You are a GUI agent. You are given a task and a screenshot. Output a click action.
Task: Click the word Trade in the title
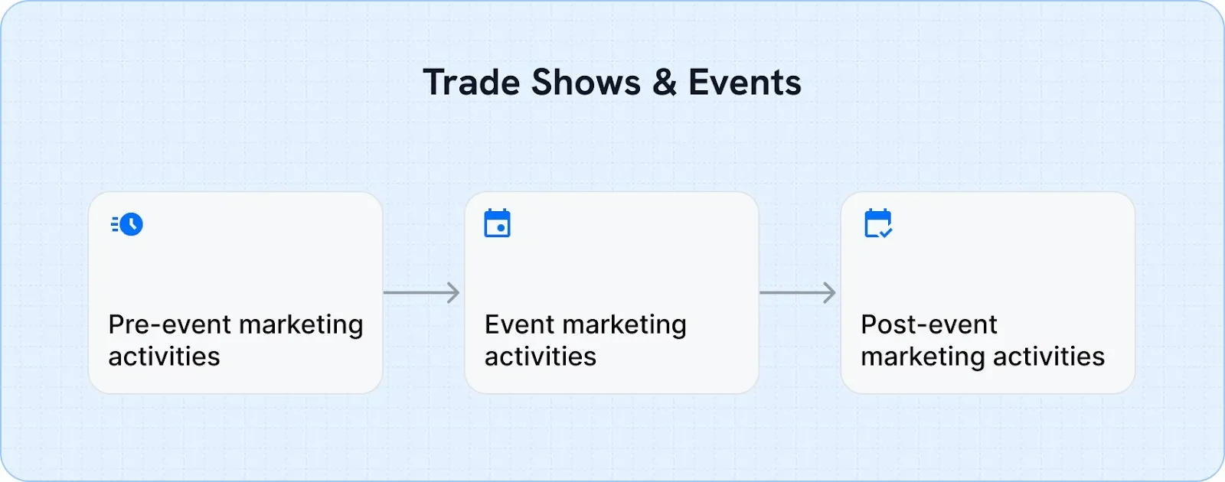tap(471, 83)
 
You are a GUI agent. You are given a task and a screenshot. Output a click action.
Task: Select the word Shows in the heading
tap(586, 83)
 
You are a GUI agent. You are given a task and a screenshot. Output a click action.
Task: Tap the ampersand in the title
tap(665, 83)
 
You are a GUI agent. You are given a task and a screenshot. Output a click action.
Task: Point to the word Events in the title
tap(744, 83)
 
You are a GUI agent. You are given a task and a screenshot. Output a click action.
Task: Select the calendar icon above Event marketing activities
tap(498, 223)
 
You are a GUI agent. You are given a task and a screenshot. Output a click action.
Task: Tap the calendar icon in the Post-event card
tap(877, 223)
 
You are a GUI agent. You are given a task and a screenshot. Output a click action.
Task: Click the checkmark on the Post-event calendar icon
tap(886, 232)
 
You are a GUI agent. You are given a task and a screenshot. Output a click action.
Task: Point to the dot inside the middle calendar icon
tap(501, 228)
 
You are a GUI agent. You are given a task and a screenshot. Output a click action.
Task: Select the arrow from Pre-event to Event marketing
tap(421, 292)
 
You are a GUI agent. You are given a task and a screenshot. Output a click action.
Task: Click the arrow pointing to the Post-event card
tap(797, 292)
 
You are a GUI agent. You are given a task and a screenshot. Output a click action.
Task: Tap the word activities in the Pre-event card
tap(164, 357)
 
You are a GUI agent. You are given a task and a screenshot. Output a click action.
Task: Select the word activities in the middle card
tap(541, 357)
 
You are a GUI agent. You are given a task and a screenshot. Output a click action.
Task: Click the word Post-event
tap(929, 324)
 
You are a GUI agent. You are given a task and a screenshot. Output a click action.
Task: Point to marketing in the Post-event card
tap(923, 357)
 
